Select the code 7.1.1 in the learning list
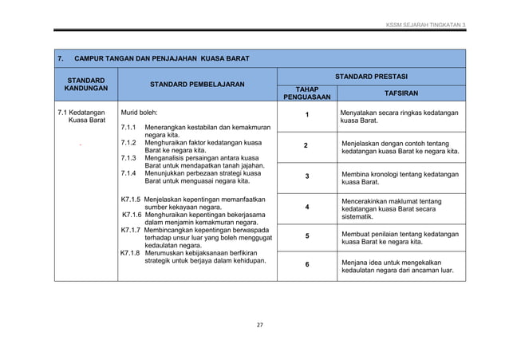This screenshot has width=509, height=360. point(128,129)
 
